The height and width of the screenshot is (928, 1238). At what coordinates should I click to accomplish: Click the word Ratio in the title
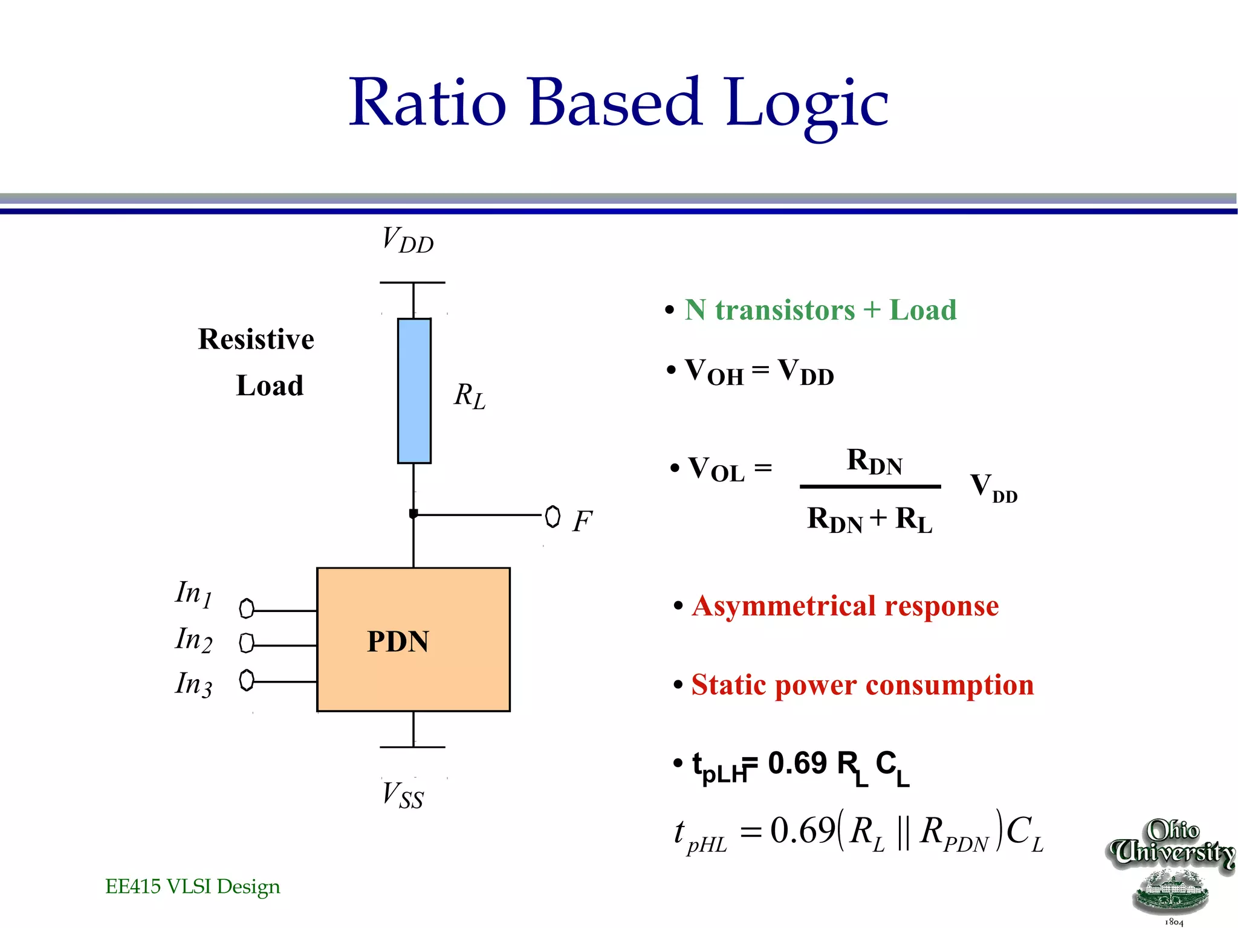[x=427, y=103]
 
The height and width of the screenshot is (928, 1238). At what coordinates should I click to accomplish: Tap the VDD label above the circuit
[x=407, y=240]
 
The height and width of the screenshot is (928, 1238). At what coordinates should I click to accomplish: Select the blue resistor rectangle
[x=414, y=391]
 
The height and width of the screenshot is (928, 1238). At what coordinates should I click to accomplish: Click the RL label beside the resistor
[x=470, y=396]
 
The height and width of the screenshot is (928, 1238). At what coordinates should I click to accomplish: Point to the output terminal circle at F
[x=553, y=517]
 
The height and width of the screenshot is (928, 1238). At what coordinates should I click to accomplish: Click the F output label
[x=582, y=521]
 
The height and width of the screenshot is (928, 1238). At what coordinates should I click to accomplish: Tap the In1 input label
[x=193, y=593]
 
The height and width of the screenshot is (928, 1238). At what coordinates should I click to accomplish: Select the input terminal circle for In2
[x=246, y=643]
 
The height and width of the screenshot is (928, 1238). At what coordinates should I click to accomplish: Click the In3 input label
[x=193, y=684]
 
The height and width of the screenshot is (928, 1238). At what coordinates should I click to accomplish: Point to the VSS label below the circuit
[x=403, y=794]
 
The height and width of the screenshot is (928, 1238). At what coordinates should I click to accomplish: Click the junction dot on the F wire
[x=413, y=514]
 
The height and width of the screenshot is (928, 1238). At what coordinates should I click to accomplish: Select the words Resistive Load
[x=257, y=362]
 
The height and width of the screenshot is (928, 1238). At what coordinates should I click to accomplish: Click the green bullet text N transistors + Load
[x=820, y=311]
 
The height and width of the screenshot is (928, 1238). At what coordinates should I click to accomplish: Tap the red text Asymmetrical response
[x=845, y=606]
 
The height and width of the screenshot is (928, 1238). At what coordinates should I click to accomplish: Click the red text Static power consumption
[x=862, y=685]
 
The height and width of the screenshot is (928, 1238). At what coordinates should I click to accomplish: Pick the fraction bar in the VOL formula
[x=870, y=486]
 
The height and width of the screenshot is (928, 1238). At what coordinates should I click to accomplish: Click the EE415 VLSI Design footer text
[x=192, y=886]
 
